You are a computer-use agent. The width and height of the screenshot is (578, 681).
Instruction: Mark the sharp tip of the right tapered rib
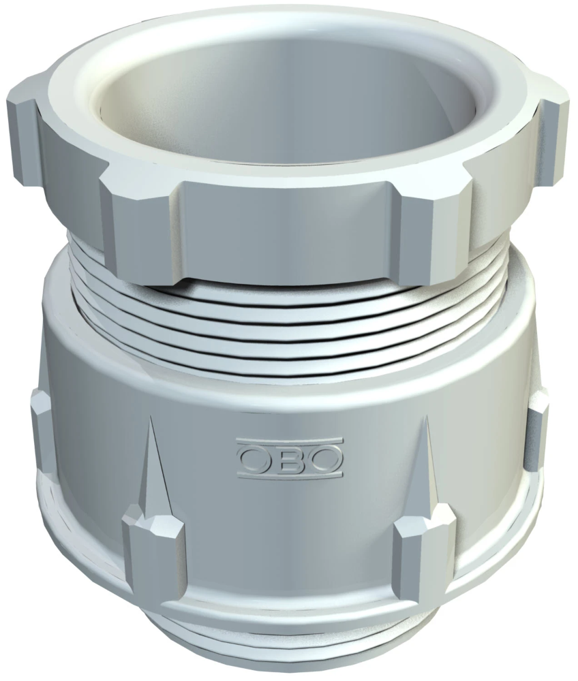coord(427,419)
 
